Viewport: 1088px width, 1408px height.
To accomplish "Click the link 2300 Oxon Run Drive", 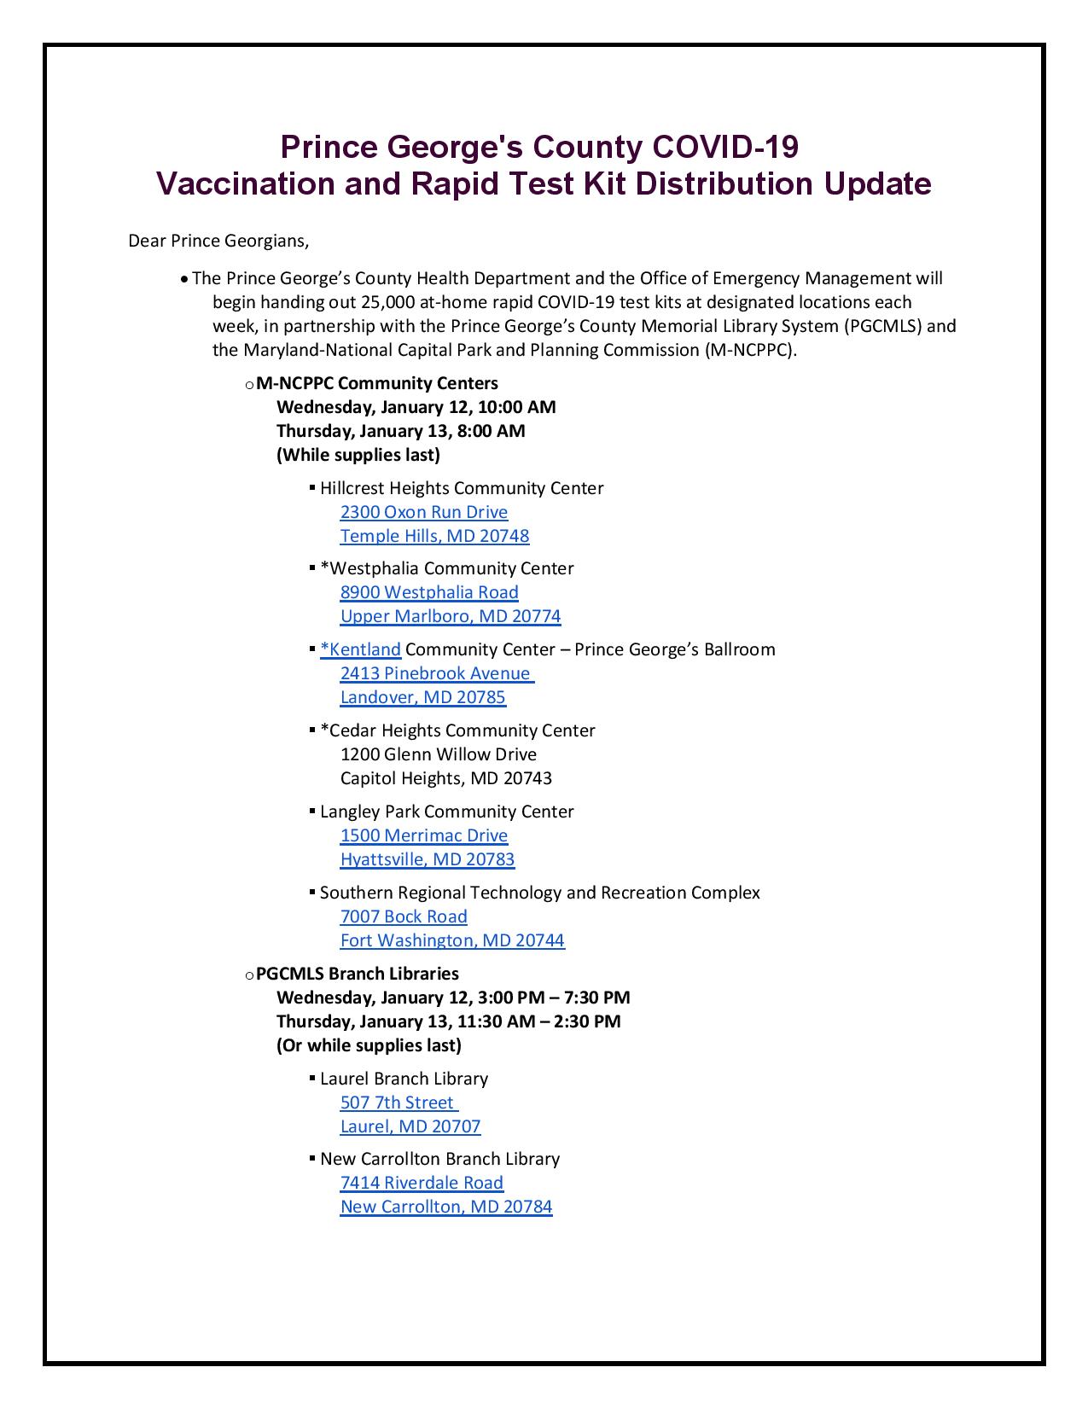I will (x=423, y=512).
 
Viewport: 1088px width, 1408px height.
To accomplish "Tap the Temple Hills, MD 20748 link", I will (x=434, y=536).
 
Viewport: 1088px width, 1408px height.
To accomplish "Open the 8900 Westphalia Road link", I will (x=429, y=592).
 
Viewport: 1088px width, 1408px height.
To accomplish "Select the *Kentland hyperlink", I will (x=361, y=649).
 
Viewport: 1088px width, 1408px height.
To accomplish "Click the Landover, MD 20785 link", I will (x=422, y=697).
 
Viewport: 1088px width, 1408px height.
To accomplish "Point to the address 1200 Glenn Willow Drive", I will (x=438, y=754).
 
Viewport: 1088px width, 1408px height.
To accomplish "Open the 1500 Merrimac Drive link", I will (x=423, y=835).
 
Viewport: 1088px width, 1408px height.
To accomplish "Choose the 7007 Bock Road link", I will (x=404, y=916).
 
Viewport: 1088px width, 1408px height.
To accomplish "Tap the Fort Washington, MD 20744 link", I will (x=452, y=940).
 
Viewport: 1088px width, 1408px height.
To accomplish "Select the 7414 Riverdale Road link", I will (x=422, y=1183).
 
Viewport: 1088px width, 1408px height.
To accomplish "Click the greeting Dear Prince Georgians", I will (x=218, y=241).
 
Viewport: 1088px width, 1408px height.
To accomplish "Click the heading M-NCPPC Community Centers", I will (x=377, y=383).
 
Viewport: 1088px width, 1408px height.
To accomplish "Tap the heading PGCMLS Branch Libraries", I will (x=358, y=974).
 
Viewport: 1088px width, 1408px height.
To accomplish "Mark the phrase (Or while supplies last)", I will (x=369, y=1045).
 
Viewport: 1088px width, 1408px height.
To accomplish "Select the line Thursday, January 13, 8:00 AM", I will (x=401, y=431).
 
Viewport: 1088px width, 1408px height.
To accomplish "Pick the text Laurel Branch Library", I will (x=404, y=1079).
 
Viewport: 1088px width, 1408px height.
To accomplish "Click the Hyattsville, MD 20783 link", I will (x=428, y=859).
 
